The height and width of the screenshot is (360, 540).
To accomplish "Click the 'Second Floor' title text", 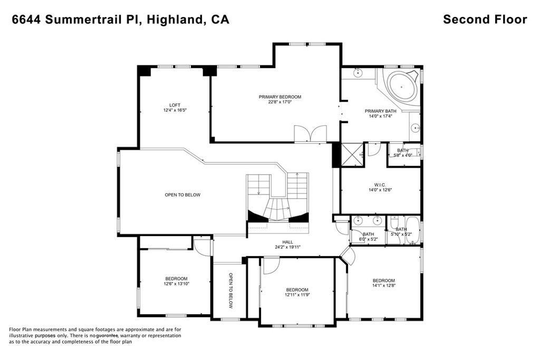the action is (x=485, y=20).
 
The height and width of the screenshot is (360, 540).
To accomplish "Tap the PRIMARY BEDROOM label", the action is (x=280, y=97).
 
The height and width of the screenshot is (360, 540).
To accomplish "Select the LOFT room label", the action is (x=175, y=105).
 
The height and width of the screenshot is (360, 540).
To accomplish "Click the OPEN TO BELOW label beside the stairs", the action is (x=182, y=195).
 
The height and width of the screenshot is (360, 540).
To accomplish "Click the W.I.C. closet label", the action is (x=381, y=185).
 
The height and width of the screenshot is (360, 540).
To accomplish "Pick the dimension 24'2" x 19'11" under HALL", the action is (x=288, y=247).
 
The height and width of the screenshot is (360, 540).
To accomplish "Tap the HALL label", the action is (x=287, y=242).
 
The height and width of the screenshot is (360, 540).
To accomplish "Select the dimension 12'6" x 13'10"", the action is (x=176, y=284).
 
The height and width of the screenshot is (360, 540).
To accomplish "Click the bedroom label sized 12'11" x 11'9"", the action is (x=297, y=290).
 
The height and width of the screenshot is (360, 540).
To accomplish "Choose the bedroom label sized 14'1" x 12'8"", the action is (x=384, y=280).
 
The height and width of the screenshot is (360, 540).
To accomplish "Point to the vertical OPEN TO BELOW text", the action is (x=231, y=291).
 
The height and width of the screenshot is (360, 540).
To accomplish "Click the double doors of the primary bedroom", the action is (x=310, y=133).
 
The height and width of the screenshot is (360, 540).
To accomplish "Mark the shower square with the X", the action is (x=352, y=154).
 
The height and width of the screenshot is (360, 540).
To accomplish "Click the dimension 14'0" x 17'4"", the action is (x=380, y=116).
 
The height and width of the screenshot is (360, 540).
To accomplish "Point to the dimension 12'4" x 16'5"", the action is (x=175, y=111).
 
